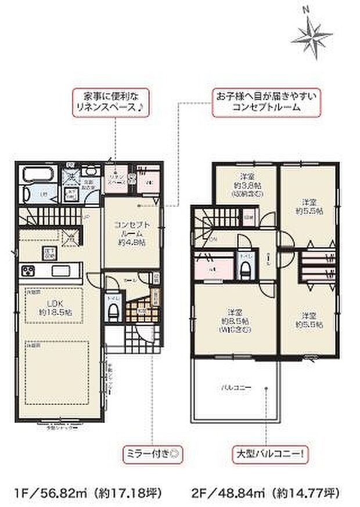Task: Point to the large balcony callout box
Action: pos(267,450)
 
